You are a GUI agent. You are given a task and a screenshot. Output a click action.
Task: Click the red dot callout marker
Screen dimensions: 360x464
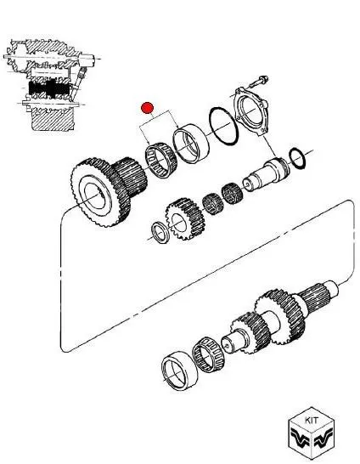click(147, 108)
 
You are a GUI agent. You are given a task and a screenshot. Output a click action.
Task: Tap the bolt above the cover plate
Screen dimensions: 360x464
click(258, 82)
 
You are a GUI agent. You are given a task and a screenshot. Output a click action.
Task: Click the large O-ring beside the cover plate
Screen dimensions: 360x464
click(223, 126)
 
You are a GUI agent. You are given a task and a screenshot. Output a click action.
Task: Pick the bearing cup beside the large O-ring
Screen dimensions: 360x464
click(191, 144)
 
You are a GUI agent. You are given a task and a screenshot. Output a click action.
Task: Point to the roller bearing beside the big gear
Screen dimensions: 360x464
click(160, 160)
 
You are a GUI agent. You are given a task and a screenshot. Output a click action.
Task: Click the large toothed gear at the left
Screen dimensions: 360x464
click(100, 192)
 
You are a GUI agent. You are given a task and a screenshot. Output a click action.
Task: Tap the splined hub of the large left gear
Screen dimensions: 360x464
click(130, 177)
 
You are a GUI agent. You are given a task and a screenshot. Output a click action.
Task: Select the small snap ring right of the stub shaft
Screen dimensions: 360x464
click(297, 159)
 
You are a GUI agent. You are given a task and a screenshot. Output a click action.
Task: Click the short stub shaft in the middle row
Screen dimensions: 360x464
click(266, 174)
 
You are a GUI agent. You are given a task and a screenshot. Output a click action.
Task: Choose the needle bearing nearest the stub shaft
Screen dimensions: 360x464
click(232, 193)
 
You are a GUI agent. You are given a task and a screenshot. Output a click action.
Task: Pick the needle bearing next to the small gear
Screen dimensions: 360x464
click(212, 204)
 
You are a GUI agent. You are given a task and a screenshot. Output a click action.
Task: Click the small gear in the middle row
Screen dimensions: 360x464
click(185, 218)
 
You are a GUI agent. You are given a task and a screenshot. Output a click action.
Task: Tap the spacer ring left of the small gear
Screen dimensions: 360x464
click(160, 232)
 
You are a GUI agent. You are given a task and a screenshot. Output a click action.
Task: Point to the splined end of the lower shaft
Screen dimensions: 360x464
click(318, 297)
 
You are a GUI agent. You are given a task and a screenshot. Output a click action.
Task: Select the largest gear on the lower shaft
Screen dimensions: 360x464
click(280, 317)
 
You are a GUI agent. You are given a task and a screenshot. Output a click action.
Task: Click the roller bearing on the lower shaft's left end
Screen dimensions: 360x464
click(208, 354)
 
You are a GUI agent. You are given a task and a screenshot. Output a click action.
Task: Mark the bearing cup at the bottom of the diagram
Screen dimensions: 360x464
click(179, 371)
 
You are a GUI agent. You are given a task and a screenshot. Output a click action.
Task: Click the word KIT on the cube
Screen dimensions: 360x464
click(312, 420)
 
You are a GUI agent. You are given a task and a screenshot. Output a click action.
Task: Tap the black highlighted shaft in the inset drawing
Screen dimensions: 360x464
click(49, 88)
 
